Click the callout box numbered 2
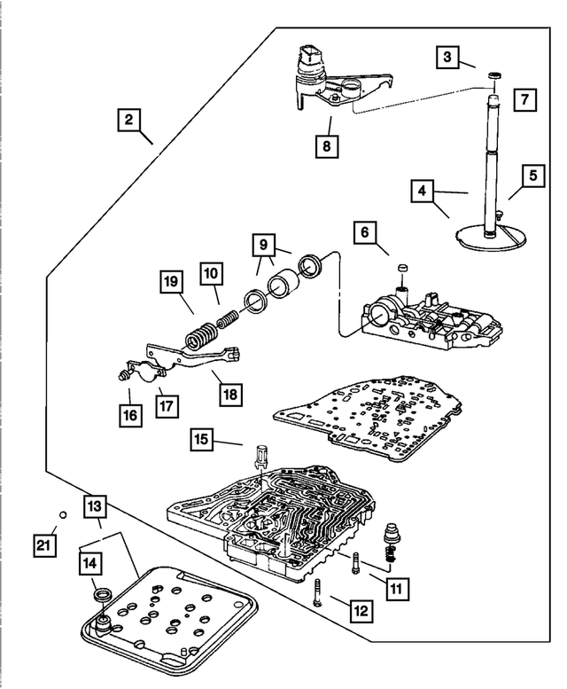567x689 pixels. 128,120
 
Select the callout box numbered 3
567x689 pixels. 447,57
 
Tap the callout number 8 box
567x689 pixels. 327,145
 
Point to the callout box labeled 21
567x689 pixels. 44,545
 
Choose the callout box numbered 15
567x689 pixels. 201,439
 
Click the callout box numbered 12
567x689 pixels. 361,611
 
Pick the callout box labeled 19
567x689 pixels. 171,282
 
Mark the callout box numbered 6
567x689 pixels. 365,231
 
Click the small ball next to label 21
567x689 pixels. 63,514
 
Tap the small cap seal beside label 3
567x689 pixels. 495,76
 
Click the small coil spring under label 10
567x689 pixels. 228,318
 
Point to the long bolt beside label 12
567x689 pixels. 319,591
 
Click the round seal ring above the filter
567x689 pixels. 104,595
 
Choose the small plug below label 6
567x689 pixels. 402,268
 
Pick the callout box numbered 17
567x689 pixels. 167,405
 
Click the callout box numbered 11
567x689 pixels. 397,589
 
